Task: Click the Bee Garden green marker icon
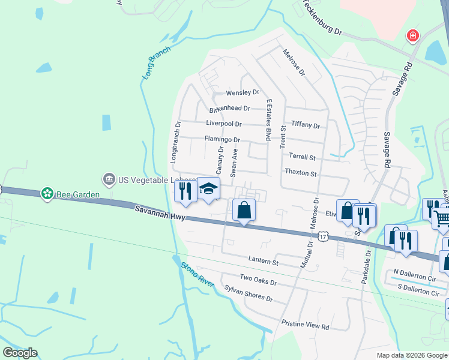[47, 194]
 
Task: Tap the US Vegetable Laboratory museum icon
[109, 179]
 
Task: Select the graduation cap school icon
[208, 189]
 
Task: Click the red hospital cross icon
[412, 36]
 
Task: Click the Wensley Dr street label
[243, 93]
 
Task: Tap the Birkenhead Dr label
[229, 109]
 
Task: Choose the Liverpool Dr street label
[223, 124]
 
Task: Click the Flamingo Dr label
[222, 139]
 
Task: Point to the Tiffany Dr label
[306, 125]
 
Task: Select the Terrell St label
[302, 157]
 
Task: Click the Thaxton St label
[301, 173]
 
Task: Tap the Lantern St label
[264, 262]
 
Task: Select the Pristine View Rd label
[306, 327]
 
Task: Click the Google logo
[20, 352]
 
